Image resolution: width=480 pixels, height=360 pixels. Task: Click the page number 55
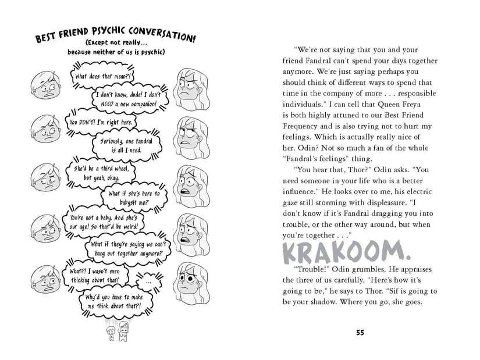point(360,332)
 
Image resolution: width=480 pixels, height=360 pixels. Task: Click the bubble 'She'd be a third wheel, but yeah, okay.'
point(101,172)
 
